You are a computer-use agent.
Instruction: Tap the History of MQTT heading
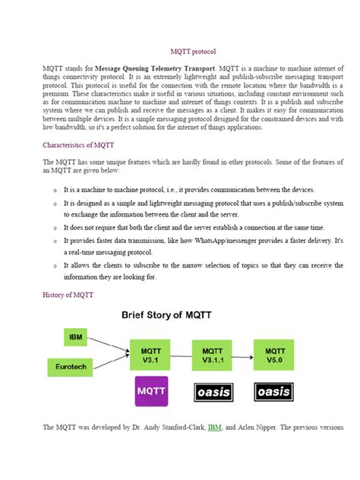pos(68,295)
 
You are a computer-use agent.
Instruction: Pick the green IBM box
pos(76,336)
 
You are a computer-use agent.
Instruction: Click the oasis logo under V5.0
pos(274,392)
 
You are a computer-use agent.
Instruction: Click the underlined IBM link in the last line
pos(215,428)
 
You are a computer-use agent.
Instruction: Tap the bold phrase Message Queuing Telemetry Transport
pos(156,68)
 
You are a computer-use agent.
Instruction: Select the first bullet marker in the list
pos(55,190)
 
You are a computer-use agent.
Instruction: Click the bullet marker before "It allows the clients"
pos(55,267)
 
